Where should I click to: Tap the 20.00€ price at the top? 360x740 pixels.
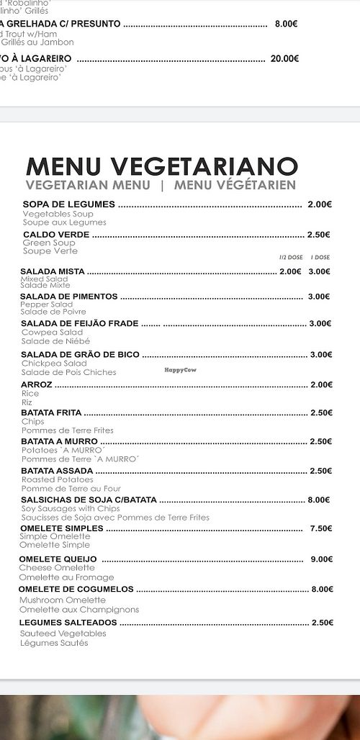pyautogui.click(x=284, y=59)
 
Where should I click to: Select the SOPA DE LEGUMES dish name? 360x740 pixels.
pyautogui.click(x=69, y=204)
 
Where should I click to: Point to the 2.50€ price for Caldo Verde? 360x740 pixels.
pyautogui.click(x=318, y=235)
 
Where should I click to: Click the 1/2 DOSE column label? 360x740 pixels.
pyautogui.click(x=291, y=257)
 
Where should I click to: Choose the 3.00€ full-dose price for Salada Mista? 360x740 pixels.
pyautogui.click(x=319, y=271)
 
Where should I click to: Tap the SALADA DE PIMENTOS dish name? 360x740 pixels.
pyautogui.click(x=68, y=297)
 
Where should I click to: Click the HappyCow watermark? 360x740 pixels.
pyautogui.click(x=180, y=370)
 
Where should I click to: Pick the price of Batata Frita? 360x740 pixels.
pyautogui.click(x=320, y=412)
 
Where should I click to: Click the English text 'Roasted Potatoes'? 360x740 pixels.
pyautogui.click(x=57, y=479)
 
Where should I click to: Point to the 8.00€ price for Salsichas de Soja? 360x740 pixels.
pyautogui.click(x=318, y=500)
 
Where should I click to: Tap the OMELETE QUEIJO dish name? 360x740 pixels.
pyautogui.click(x=58, y=559)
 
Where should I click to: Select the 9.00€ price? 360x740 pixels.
pyautogui.click(x=321, y=559)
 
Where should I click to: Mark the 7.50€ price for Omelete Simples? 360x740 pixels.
pyautogui.click(x=320, y=528)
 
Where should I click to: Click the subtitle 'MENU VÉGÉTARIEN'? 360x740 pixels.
pyautogui.click(x=235, y=185)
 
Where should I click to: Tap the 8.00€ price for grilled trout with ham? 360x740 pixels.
pyautogui.click(x=286, y=24)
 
